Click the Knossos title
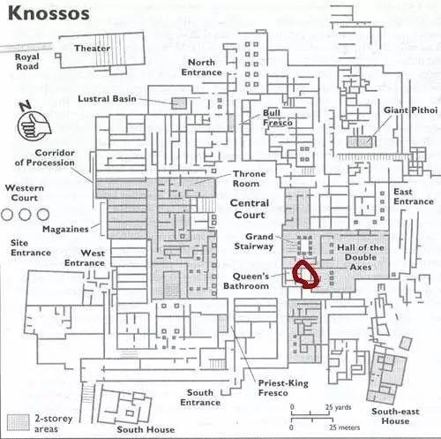(x=49, y=14)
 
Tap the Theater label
(x=93, y=48)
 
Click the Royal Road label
(x=27, y=61)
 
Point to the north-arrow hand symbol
(x=34, y=125)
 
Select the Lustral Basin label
(x=107, y=98)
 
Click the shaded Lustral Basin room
(x=179, y=103)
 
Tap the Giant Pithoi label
(x=411, y=110)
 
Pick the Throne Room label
(x=250, y=178)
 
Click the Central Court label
(x=250, y=208)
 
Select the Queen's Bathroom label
(x=246, y=281)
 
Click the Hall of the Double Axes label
(x=361, y=257)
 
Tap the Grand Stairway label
(x=254, y=241)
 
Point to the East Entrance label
(x=414, y=196)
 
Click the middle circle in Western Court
(x=25, y=215)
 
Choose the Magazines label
(x=65, y=229)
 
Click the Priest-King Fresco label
(x=283, y=388)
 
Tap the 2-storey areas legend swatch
(x=19, y=422)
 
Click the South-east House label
(x=395, y=416)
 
